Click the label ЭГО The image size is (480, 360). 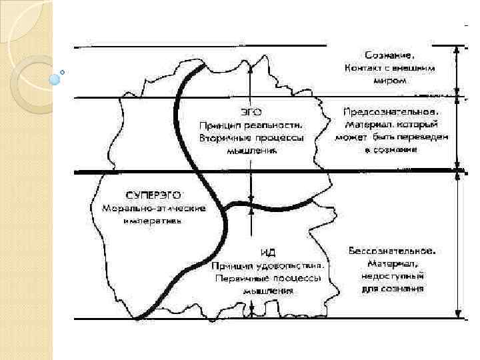point(251,112)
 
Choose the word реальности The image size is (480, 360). point(274,125)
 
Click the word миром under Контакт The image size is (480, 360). point(390,80)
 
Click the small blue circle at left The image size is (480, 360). point(55,79)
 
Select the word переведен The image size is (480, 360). point(424,137)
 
